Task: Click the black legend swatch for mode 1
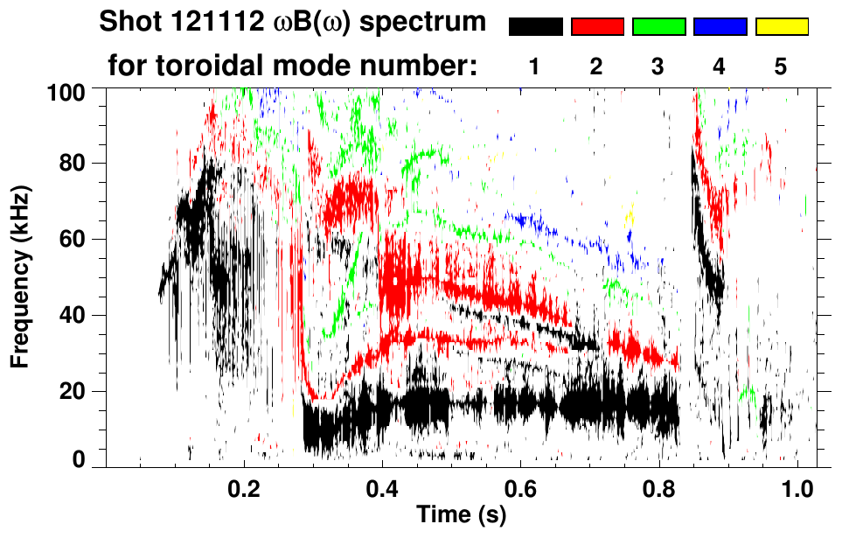pos(535,27)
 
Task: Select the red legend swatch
pos(596,27)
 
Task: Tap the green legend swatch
pos(658,27)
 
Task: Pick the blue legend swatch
pos(720,27)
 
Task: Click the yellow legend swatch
pos(781,27)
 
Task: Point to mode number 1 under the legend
pos(534,67)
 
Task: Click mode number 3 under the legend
pos(658,67)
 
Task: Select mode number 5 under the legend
pos(780,67)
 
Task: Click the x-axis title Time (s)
pos(460,516)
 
